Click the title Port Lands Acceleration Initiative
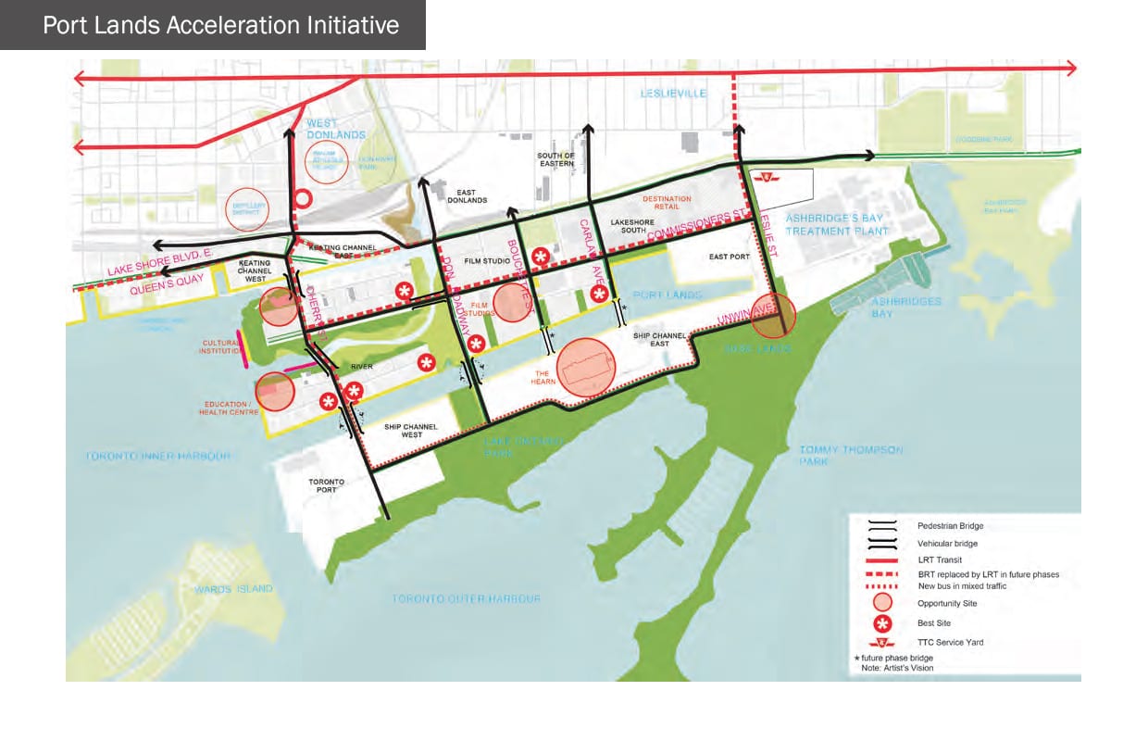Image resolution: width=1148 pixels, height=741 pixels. [220, 25]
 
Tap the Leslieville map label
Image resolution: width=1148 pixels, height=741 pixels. [673, 94]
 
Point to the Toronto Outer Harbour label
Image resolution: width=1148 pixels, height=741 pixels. [466, 598]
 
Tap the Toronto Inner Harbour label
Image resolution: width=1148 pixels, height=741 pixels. [156, 456]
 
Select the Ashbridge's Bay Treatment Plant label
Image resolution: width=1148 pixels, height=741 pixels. [834, 224]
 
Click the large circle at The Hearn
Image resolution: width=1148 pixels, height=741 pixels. [585, 368]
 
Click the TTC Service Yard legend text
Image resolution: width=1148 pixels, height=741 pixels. [951, 642]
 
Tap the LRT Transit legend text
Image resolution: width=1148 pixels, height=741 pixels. [940, 559]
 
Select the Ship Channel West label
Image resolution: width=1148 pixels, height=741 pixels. [411, 431]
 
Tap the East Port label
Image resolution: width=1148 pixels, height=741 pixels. [730, 257]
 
